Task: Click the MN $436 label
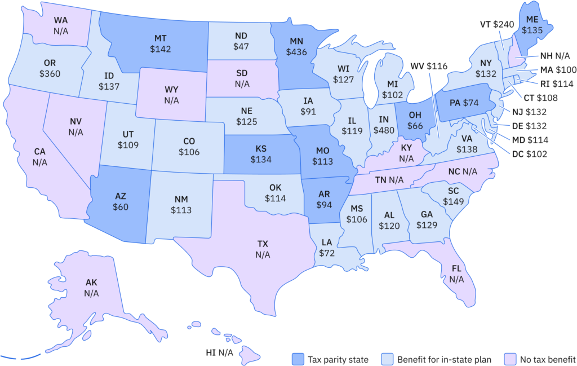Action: pyautogui.click(x=297, y=47)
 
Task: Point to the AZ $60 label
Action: pyautogui.click(x=120, y=201)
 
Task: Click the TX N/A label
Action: pyautogui.click(x=263, y=249)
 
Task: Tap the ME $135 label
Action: pyautogui.click(x=531, y=25)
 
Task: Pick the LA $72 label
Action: pyautogui.click(x=327, y=248)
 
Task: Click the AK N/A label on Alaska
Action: pyautogui.click(x=91, y=288)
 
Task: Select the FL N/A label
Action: pyautogui.click(x=456, y=274)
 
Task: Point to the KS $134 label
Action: pyautogui.click(x=261, y=154)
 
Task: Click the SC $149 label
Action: pyautogui.click(x=453, y=196)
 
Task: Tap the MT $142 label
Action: pyautogui.click(x=160, y=44)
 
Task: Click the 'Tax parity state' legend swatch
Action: pyautogui.click(x=298, y=359)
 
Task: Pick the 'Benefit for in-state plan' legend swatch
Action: pyautogui.click(x=389, y=359)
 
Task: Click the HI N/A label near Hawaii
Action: pyautogui.click(x=220, y=353)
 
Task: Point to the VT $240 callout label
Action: pyautogui.click(x=497, y=24)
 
